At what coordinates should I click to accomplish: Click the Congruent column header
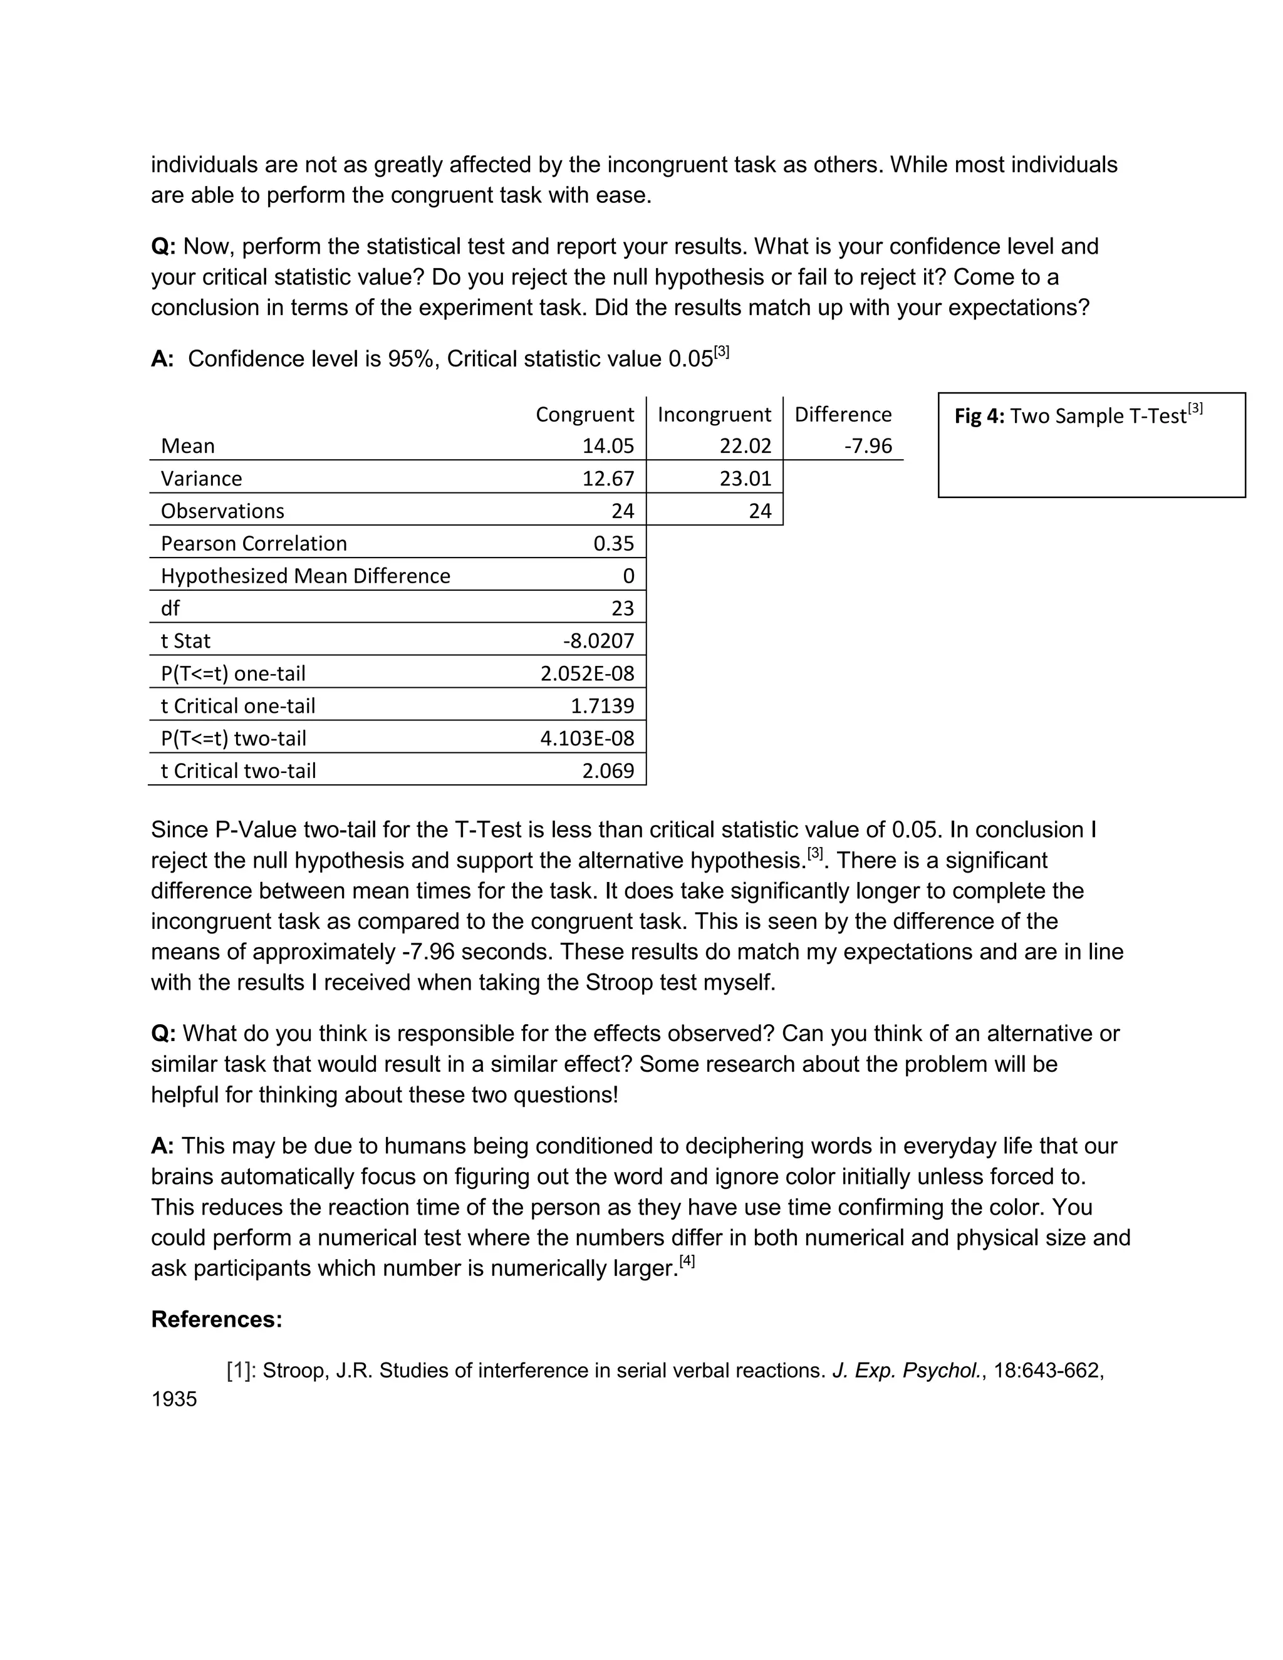(x=584, y=414)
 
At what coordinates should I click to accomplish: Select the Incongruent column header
(x=714, y=414)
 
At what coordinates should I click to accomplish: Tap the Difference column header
(x=843, y=414)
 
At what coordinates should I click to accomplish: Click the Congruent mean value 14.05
(x=608, y=446)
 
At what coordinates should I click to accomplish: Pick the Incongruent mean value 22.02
(x=745, y=446)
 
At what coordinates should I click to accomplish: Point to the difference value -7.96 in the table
(x=868, y=446)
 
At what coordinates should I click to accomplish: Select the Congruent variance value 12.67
(x=608, y=479)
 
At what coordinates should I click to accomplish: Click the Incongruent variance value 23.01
(x=745, y=479)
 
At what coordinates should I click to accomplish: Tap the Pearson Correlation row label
(x=254, y=544)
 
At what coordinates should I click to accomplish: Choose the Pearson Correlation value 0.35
(x=613, y=544)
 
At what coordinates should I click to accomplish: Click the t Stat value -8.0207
(x=598, y=641)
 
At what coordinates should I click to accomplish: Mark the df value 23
(x=623, y=608)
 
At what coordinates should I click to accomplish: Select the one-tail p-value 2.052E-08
(x=587, y=673)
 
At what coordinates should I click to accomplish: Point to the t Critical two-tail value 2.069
(x=608, y=770)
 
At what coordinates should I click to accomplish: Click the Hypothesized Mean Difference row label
(x=306, y=576)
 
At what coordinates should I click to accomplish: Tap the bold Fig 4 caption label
(x=979, y=417)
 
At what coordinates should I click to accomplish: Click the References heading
(x=217, y=1319)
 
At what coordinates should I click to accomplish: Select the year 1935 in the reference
(x=174, y=1399)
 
